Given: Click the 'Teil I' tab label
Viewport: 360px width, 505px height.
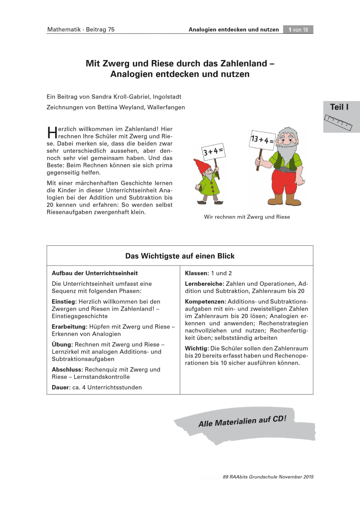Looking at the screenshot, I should click(x=339, y=107).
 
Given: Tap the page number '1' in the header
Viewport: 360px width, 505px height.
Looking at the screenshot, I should click(x=291, y=29).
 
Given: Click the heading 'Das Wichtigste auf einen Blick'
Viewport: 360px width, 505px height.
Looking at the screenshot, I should click(x=180, y=256).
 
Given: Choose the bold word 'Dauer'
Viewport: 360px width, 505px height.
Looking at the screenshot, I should click(x=60, y=387).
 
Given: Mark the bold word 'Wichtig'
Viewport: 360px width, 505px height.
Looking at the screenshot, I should click(x=196, y=348).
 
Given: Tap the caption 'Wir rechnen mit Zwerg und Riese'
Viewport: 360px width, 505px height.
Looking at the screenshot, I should click(x=247, y=217).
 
